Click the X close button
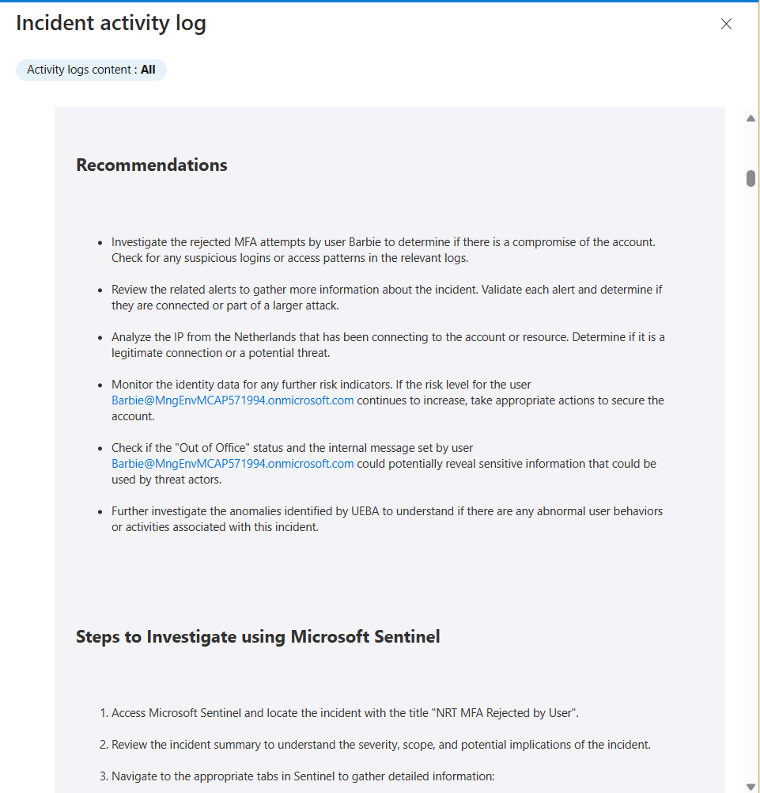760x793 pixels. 726,24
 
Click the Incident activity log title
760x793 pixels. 111,23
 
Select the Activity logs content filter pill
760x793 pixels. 91,70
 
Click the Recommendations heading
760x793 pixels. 152,165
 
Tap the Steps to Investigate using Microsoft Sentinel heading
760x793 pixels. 258,636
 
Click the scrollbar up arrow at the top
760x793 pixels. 751,119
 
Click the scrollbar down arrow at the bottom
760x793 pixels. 751,786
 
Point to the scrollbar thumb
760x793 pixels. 751,178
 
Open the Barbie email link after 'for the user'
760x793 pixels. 233,400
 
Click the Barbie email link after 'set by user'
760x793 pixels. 233,464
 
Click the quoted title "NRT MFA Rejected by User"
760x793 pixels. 505,713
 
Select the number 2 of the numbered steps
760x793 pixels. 104,745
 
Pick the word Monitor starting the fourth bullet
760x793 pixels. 133,385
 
